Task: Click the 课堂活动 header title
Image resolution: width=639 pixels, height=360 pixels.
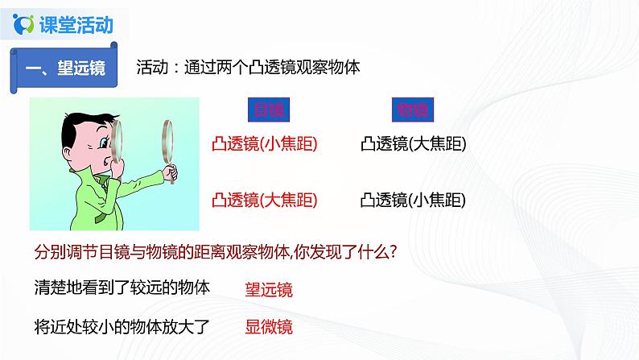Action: click(76, 25)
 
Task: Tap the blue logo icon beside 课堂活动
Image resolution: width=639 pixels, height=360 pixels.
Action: click(24, 25)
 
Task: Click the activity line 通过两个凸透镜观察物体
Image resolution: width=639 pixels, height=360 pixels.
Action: click(247, 68)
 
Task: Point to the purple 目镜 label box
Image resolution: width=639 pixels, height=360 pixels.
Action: click(265, 110)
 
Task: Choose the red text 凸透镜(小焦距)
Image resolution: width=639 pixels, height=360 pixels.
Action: click(263, 144)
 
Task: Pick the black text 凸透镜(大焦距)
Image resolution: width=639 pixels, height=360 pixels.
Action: click(414, 144)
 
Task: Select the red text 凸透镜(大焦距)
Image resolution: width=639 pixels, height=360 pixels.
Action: click(263, 200)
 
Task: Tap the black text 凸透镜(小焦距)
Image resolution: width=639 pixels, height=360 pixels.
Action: click(414, 200)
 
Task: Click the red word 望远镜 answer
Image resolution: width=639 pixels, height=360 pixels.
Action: click(269, 291)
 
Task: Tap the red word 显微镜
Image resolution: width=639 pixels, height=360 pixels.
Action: click(269, 327)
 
